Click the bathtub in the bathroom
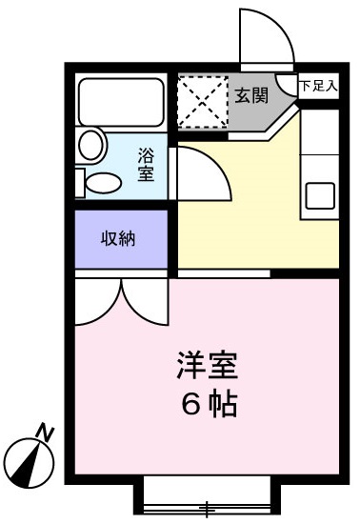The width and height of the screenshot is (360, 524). click(x=121, y=100)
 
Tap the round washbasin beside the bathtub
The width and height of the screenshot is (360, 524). click(x=91, y=145)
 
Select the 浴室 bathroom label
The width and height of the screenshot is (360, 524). click(x=146, y=163)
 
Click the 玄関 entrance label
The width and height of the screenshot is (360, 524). click(x=250, y=94)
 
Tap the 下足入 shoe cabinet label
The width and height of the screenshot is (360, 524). click(x=318, y=86)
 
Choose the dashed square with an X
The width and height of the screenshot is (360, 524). click(x=201, y=98)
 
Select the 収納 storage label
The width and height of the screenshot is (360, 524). click(x=118, y=237)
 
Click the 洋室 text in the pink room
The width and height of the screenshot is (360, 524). click(x=207, y=365)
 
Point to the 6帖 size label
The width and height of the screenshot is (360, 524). click(x=207, y=403)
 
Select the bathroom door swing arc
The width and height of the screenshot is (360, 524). click(x=202, y=176)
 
